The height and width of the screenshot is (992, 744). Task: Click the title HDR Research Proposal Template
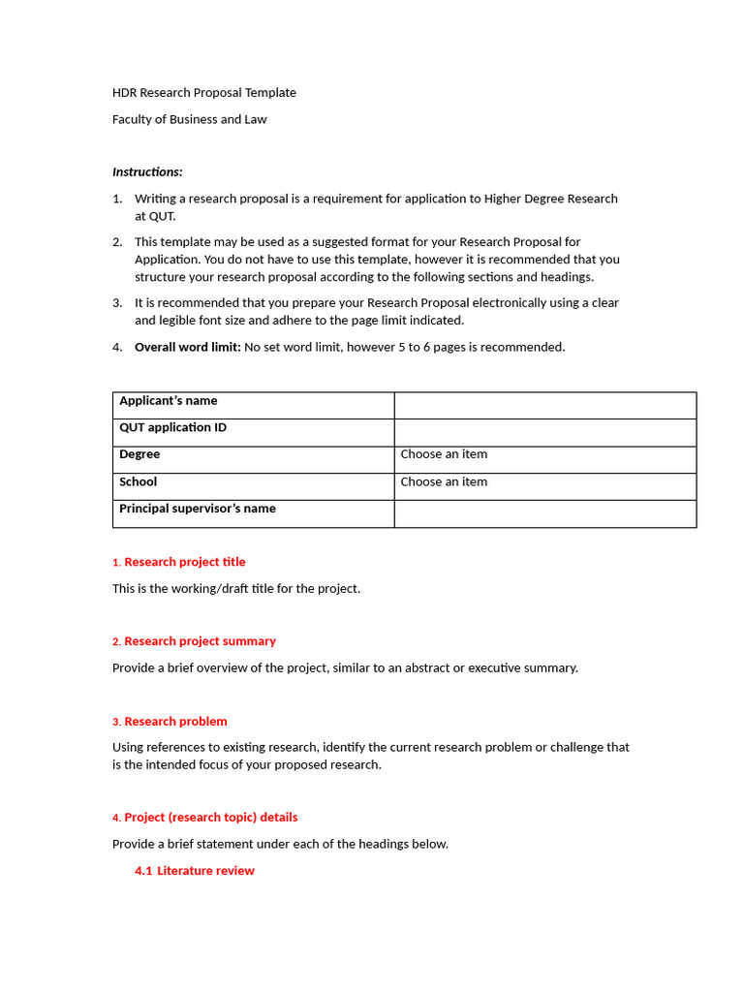(x=204, y=93)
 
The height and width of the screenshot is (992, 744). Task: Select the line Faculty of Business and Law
(x=189, y=119)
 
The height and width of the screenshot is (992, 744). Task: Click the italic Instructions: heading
(x=147, y=171)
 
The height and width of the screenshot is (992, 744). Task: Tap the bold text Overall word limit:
(x=187, y=347)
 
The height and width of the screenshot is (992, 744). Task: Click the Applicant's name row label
(x=169, y=401)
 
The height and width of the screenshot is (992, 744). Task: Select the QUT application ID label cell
(x=172, y=427)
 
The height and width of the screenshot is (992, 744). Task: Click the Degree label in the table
(x=139, y=454)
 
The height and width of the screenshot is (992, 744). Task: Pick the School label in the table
(x=138, y=481)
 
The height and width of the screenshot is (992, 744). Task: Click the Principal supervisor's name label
(x=197, y=509)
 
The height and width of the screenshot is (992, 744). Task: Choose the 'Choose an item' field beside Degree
(x=444, y=454)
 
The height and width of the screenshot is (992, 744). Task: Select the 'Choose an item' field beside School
(x=444, y=481)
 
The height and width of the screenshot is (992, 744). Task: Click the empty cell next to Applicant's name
(x=544, y=405)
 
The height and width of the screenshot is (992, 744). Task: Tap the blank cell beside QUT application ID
(x=544, y=432)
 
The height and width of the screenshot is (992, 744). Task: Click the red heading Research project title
(x=184, y=562)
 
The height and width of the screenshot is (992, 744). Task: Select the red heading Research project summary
(x=200, y=641)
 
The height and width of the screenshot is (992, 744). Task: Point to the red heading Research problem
(x=175, y=722)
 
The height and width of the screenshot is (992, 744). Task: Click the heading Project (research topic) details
(x=210, y=818)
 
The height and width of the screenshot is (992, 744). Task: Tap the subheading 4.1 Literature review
(x=195, y=871)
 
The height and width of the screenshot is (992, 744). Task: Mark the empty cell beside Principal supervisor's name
(x=544, y=513)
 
